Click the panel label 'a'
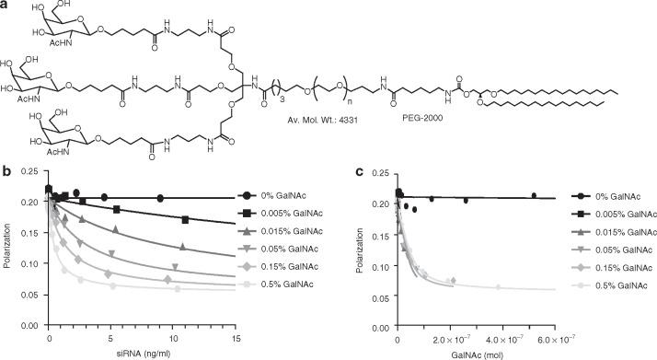coord(6,6)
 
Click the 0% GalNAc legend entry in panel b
coord(277,196)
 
